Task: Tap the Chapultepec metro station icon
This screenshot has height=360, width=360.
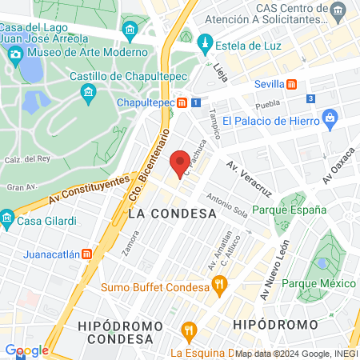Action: pos(183,102)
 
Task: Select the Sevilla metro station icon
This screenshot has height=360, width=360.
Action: pos(292,83)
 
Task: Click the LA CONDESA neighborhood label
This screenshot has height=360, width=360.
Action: pos(172,214)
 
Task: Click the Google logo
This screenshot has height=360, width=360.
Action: pos(26,350)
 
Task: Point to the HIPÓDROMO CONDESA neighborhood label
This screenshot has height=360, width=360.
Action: pos(120,332)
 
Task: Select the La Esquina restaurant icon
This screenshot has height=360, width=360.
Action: pos(189,330)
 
